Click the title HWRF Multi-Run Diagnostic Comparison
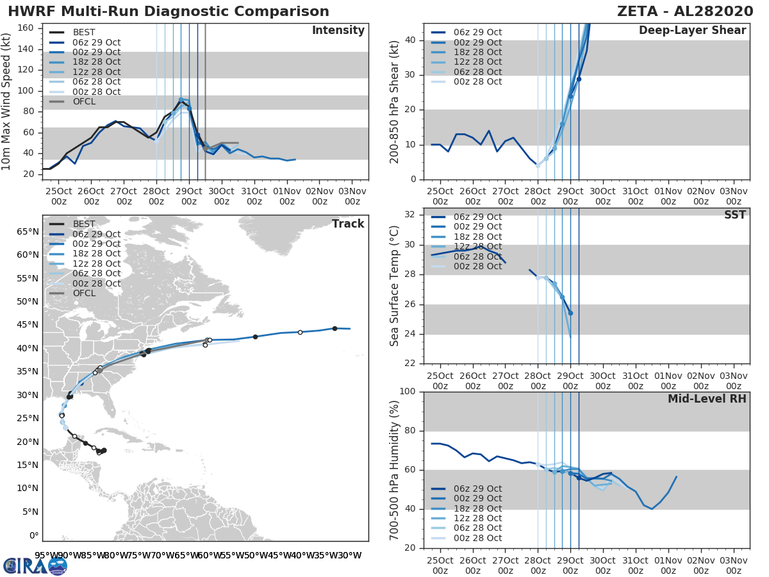point(169,12)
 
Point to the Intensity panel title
point(338,31)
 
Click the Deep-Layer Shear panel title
point(692,31)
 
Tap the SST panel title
point(734,215)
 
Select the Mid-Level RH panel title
point(707,399)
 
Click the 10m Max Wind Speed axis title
point(8,101)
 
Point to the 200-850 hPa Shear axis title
point(395,101)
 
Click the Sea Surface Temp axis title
point(395,286)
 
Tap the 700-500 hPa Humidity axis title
point(395,469)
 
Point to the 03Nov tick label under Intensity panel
point(352,196)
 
